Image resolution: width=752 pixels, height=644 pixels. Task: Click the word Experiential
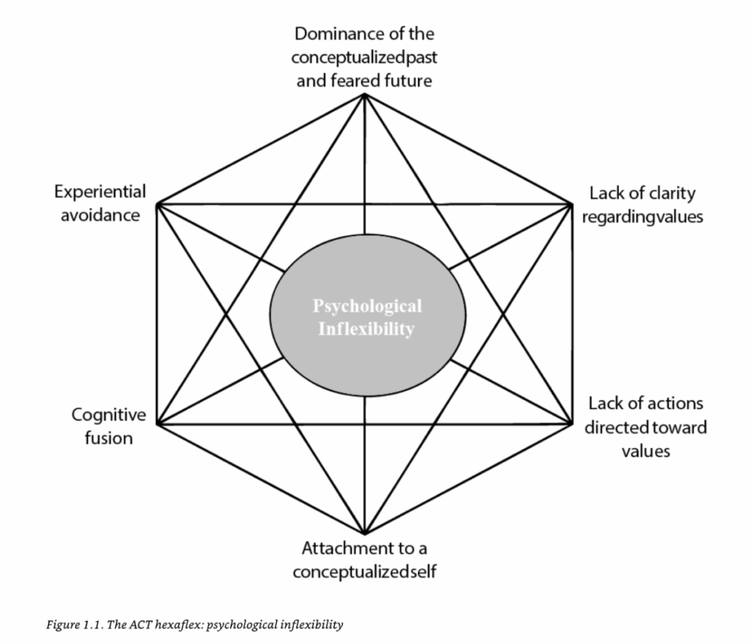(x=100, y=192)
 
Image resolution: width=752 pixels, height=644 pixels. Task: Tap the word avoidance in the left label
(x=101, y=216)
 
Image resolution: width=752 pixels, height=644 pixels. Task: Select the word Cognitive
(x=109, y=415)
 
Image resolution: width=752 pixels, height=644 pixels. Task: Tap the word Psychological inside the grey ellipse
(x=367, y=306)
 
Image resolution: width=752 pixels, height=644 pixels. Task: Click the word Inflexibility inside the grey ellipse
(x=366, y=329)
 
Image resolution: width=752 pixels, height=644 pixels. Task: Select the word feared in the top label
(x=358, y=80)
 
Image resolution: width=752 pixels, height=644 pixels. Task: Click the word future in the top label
(x=408, y=80)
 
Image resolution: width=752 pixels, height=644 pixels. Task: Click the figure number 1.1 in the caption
(x=80, y=625)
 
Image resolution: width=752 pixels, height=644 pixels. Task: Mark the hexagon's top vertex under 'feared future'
(x=364, y=94)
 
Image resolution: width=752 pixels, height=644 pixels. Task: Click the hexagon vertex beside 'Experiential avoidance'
(x=158, y=204)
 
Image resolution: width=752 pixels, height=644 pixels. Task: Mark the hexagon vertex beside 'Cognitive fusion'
(x=157, y=424)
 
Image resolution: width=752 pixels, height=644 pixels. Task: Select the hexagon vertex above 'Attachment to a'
(x=364, y=533)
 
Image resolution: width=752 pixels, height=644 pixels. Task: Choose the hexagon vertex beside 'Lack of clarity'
(x=571, y=203)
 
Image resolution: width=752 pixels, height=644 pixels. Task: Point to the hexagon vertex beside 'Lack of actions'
(x=571, y=423)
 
